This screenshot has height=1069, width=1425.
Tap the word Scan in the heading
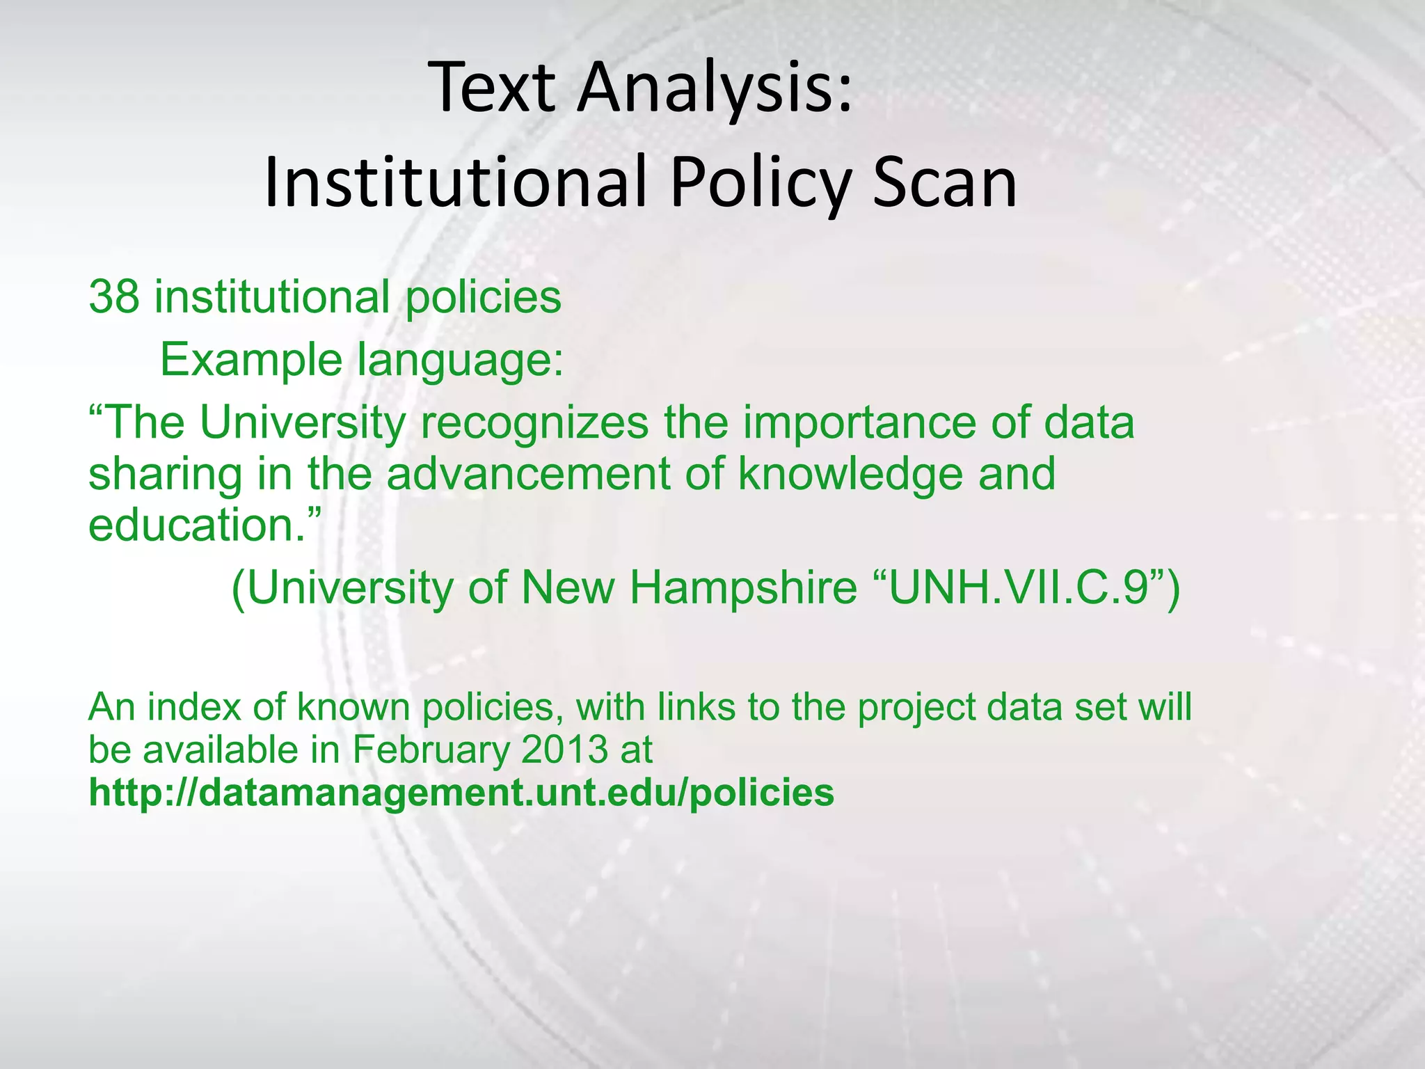(945, 182)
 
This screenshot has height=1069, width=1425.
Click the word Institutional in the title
(456, 182)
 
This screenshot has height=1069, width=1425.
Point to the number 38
(114, 297)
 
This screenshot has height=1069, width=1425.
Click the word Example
(251, 361)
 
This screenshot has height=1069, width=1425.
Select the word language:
(460, 361)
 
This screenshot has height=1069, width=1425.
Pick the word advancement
(530, 474)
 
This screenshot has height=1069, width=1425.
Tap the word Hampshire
(743, 588)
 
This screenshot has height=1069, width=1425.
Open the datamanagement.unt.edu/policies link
(461, 793)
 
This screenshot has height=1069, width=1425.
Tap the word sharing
(165, 474)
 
